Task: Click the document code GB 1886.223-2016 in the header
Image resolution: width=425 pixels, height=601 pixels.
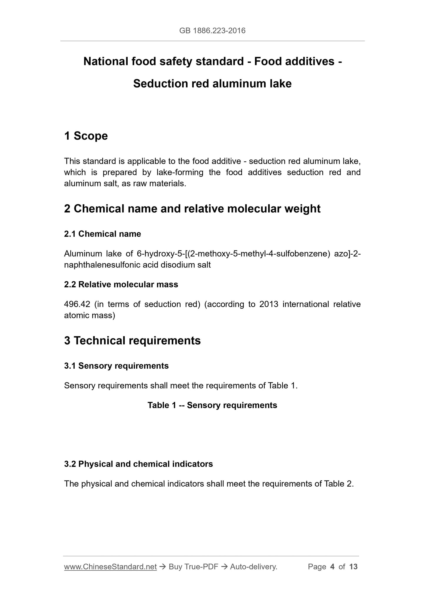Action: (x=212, y=31)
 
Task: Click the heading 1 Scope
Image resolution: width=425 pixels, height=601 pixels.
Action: (x=86, y=136)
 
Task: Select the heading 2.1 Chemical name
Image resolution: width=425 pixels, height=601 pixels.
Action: (x=102, y=234)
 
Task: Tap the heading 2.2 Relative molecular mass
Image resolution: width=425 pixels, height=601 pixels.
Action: (x=121, y=284)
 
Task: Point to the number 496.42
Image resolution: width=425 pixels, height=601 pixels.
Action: (x=77, y=304)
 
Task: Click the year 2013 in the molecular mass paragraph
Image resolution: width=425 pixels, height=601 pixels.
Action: (x=269, y=304)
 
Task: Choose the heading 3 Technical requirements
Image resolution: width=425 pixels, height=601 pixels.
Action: (x=132, y=340)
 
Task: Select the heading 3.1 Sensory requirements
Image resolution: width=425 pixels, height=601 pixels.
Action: (x=116, y=366)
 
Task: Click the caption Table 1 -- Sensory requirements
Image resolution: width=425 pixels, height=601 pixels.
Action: (x=212, y=405)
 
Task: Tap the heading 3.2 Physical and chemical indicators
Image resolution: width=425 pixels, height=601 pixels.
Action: (x=138, y=464)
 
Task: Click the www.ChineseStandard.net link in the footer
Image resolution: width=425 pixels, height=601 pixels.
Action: (x=110, y=567)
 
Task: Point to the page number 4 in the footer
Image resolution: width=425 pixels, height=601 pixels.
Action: (x=332, y=567)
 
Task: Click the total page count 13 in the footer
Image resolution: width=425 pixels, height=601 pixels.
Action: (x=353, y=567)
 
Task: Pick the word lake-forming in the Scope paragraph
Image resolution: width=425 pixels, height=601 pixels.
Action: (x=180, y=172)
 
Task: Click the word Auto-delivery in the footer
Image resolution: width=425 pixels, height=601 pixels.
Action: (x=254, y=567)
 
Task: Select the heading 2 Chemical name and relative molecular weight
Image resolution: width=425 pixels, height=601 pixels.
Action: (x=192, y=208)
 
